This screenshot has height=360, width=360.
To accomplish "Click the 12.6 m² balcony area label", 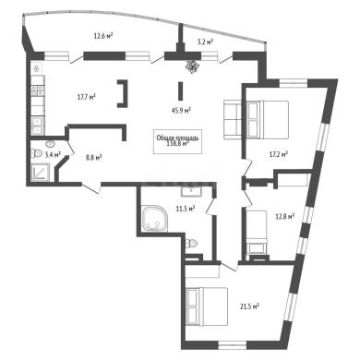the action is (x=102, y=36).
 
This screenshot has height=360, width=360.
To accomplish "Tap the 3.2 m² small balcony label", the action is (x=206, y=42).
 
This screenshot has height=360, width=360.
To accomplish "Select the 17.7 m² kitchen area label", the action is (x=87, y=97).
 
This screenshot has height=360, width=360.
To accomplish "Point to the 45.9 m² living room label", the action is (x=182, y=111).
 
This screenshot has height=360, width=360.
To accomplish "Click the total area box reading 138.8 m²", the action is (x=178, y=141).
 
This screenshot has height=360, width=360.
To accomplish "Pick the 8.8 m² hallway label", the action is (x=94, y=158).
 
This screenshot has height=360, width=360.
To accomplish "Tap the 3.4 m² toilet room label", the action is (x=53, y=154).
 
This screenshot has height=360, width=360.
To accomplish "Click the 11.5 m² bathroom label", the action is (x=186, y=209).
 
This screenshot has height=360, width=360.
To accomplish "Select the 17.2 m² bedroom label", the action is (x=279, y=154).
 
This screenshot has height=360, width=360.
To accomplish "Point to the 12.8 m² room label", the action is (x=285, y=216).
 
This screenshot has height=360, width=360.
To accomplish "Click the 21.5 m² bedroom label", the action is (x=249, y=306).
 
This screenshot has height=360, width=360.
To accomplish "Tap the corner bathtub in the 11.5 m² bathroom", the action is (x=155, y=219).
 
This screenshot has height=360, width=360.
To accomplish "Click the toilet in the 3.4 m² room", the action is (x=36, y=153).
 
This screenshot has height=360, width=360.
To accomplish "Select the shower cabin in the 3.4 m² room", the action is (x=41, y=173).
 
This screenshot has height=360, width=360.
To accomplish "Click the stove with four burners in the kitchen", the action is (x=38, y=90).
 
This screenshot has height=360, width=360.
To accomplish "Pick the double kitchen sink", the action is (x=38, y=126).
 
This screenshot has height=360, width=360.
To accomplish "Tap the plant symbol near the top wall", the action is (x=192, y=66).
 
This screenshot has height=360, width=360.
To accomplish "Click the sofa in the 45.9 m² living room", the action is (x=233, y=119).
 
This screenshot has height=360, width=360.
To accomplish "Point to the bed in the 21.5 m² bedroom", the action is (x=207, y=306).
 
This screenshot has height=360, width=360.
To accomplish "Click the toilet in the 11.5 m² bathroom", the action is (x=192, y=244).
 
